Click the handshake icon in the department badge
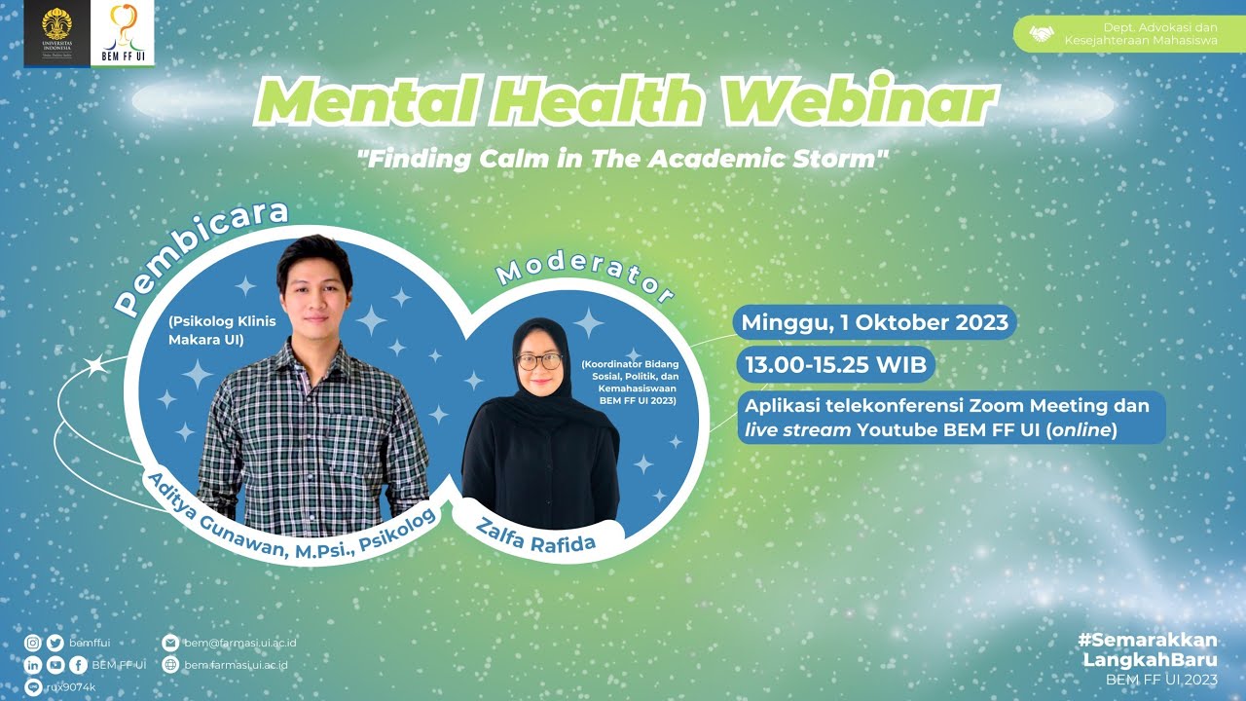coord(1042,35)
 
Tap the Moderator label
coord(584,277)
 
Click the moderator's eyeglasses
coord(539,361)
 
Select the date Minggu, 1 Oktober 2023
coord(875,323)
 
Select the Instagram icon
coord(34,643)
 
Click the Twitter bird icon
coord(55,643)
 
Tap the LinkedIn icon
coord(34,665)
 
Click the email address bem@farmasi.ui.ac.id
coord(240,643)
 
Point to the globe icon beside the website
coord(170,665)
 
